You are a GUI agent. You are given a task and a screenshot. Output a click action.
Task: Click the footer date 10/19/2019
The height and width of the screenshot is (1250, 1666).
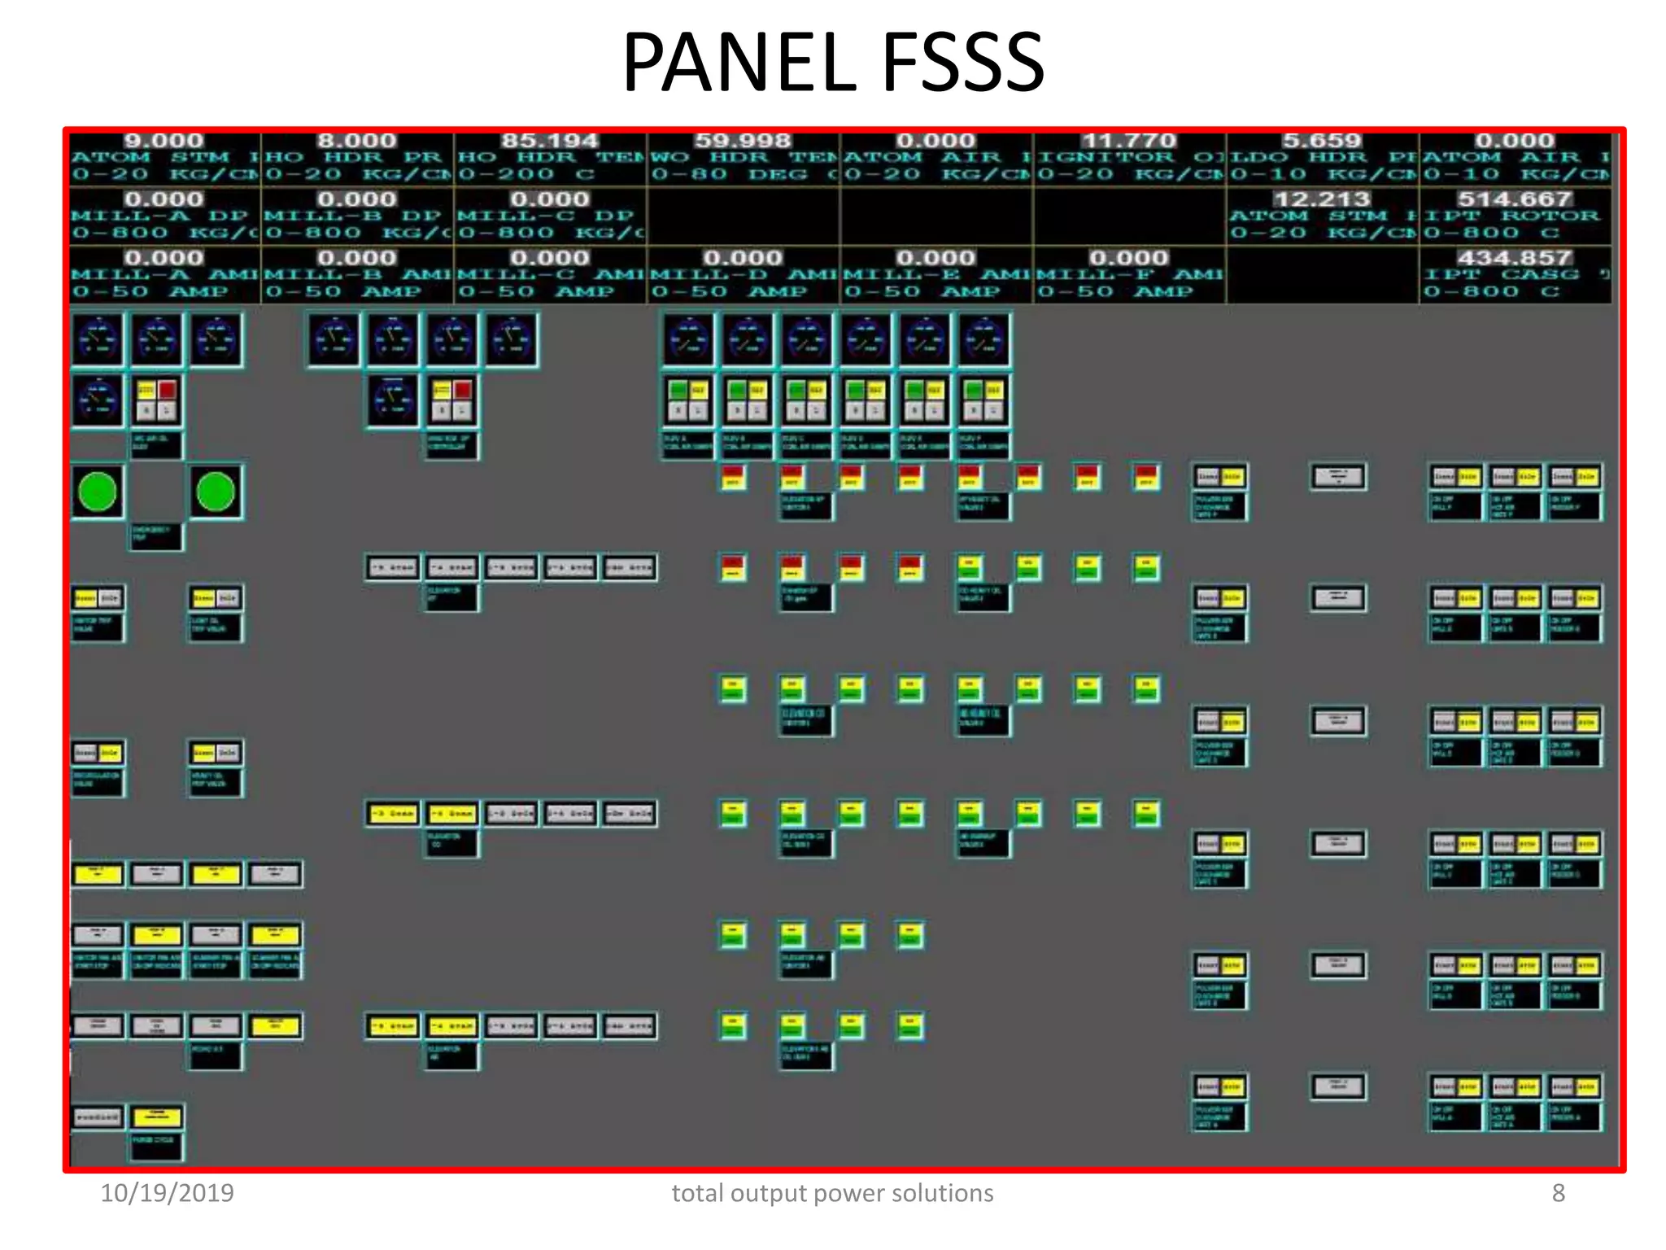click(167, 1193)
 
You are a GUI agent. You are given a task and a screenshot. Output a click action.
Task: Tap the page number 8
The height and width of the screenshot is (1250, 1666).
click(1558, 1193)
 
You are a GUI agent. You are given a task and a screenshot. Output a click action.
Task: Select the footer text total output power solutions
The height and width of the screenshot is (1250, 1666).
click(832, 1193)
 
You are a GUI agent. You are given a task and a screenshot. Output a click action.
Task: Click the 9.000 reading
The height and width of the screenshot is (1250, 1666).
click(164, 141)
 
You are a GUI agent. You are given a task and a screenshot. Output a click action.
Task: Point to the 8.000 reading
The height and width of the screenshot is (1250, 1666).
click(356, 141)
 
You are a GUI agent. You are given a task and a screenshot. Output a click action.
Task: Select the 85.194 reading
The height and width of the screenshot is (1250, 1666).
click(549, 141)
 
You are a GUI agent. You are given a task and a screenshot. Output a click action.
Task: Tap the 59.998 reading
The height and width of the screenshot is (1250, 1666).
click(742, 141)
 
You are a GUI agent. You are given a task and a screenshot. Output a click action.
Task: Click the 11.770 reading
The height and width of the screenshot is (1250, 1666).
click(1128, 141)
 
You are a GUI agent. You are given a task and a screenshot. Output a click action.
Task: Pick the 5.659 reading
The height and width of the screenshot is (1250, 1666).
click(1321, 141)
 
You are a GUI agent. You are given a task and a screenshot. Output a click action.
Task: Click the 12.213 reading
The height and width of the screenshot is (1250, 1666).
click(1321, 199)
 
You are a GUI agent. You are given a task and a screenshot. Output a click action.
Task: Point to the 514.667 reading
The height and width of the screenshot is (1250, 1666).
click(1514, 199)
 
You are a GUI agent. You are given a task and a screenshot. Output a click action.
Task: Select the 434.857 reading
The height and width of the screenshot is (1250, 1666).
click(1514, 258)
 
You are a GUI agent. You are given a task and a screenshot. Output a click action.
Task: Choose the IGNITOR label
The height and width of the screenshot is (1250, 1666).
click(1106, 158)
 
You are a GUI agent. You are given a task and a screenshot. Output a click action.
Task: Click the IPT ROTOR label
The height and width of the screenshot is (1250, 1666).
click(1511, 216)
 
